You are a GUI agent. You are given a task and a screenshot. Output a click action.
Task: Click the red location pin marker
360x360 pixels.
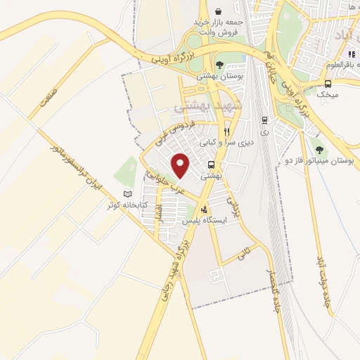pyautogui.click(x=181, y=165)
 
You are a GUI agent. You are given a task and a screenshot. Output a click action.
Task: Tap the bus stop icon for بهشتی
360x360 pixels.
pyautogui.click(x=211, y=166)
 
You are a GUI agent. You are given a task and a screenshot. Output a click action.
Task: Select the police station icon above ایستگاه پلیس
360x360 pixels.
pyautogui.click(x=205, y=209)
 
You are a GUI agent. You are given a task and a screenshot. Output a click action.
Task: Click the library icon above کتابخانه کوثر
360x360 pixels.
pyautogui.click(x=127, y=194)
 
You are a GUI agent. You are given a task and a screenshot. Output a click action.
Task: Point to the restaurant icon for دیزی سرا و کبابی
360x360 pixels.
pyautogui.click(x=226, y=131)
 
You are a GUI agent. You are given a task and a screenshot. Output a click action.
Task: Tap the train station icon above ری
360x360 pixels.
pyautogui.click(x=264, y=120)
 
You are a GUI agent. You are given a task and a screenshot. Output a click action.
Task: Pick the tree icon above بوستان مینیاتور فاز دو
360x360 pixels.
pyautogui.click(x=320, y=150)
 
